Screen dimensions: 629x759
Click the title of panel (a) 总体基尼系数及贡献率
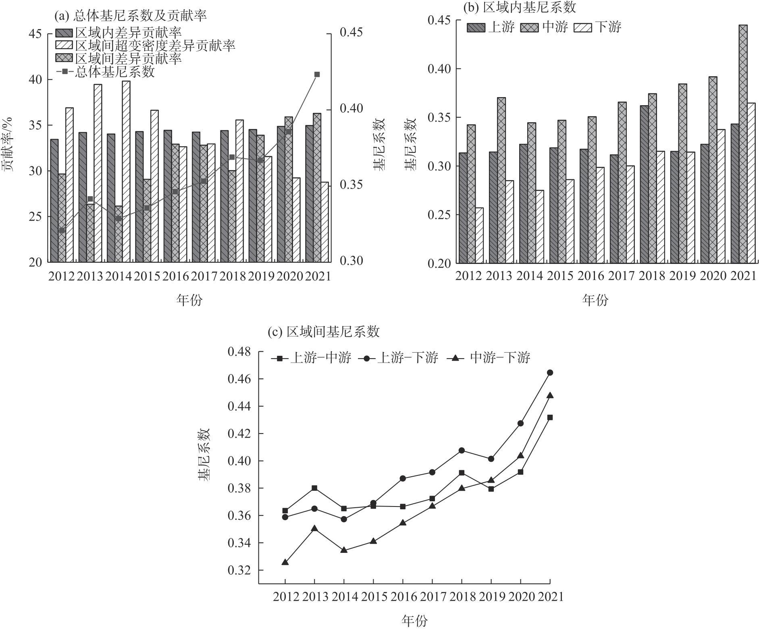pyautogui.click(x=131, y=16)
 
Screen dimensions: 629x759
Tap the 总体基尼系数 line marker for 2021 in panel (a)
pyautogui.click(x=317, y=75)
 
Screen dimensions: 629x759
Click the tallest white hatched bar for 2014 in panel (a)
pyautogui.click(x=126, y=171)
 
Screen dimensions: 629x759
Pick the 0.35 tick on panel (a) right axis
pyautogui.click(x=351, y=185)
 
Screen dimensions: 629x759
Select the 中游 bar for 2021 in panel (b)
pyautogui.click(x=743, y=144)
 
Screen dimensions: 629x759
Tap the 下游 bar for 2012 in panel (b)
pyautogui.click(x=479, y=235)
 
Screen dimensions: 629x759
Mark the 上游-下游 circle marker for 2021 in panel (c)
pyautogui.click(x=550, y=373)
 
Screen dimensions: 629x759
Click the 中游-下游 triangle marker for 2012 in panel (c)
pyautogui.click(x=285, y=562)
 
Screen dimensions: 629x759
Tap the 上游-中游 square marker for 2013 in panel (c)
pyautogui.click(x=314, y=488)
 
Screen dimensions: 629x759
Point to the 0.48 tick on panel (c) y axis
pyautogui.click(x=239, y=352)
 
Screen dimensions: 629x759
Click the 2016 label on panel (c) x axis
pyautogui.click(x=403, y=597)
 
